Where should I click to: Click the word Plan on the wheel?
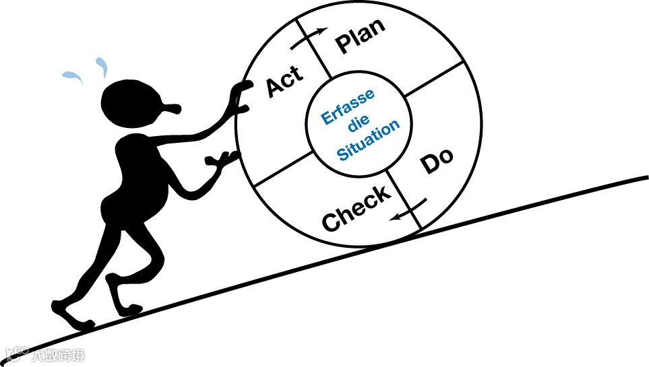361,36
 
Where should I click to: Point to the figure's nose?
172,107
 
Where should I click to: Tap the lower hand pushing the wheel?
223,160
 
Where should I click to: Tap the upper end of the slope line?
644,178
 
